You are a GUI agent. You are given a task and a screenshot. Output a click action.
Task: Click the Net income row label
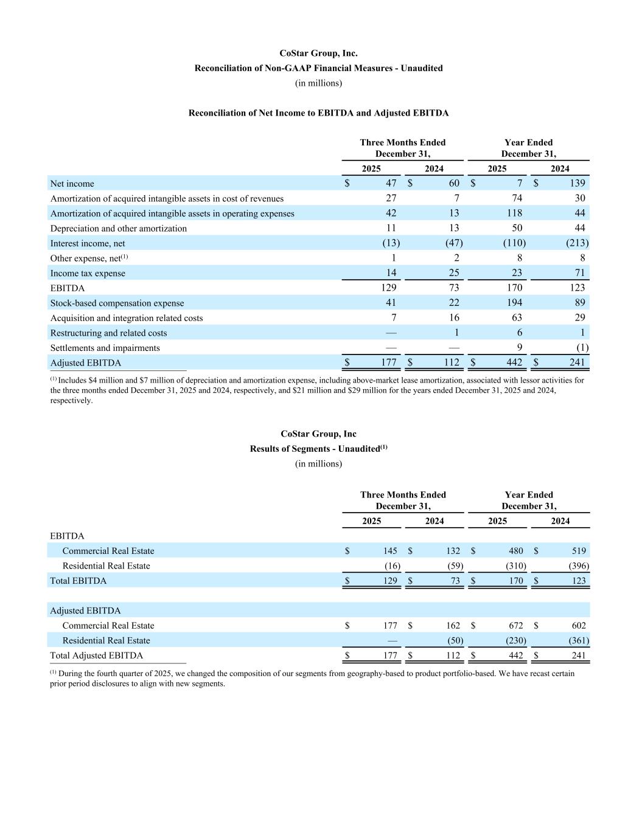pos(72,184)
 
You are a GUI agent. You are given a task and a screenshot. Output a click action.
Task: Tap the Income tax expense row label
pos(88,274)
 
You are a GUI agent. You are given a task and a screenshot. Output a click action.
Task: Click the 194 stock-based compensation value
pos(515,303)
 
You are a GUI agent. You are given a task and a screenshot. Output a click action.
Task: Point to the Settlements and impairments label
pos(105,348)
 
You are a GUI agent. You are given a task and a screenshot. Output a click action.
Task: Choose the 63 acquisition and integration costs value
pos(517,317)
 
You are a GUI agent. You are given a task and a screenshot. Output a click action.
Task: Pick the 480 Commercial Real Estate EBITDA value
pos(515,551)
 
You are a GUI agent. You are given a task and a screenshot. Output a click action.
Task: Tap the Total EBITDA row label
pos(78,581)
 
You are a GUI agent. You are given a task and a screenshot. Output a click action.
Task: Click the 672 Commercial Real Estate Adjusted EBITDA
pos(515,626)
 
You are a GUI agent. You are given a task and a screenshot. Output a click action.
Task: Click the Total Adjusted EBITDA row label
pos(96,655)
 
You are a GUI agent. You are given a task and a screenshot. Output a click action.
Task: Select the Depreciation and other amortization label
pos(118,229)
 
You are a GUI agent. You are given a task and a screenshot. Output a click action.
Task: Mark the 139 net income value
pos(577,183)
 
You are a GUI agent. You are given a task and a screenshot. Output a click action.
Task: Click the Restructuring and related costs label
pos(108,333)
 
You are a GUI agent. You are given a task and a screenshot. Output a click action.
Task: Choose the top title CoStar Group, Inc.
pos(318,54)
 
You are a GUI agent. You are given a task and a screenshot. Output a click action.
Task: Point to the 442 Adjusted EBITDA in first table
pos(515,363)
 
